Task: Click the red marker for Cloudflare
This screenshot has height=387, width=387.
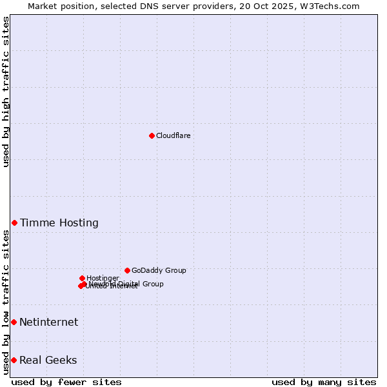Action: click(x=152, y=135)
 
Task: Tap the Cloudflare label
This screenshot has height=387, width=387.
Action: click(x=173, y=135)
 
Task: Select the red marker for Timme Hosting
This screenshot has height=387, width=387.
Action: click(x=14, y=223)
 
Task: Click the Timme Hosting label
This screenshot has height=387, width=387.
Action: click(x=59, y=223)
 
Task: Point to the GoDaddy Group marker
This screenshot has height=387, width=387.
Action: click(x=127, y=270)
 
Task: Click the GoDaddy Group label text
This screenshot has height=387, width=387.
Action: click(x=159, y=270)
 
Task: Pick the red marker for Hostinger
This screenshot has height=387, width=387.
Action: click(x=82, y=278)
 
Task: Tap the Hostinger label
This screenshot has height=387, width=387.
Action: click(x=103, y=278)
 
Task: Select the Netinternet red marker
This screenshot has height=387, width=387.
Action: click(x=14, y=322)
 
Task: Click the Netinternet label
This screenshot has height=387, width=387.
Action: click(x=48, y=322)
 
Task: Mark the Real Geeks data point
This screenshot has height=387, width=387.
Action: click(x=14, y=360)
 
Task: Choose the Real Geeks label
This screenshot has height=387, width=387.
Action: click(x=48, y=360)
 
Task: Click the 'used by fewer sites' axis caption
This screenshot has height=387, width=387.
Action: click(x=66, y=382)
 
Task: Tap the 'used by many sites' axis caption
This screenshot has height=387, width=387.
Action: click(x=324, y=382)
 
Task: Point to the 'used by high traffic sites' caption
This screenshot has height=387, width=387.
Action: click(x=6, y=92)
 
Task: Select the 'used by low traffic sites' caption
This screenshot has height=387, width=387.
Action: click(x=6, y=302)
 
